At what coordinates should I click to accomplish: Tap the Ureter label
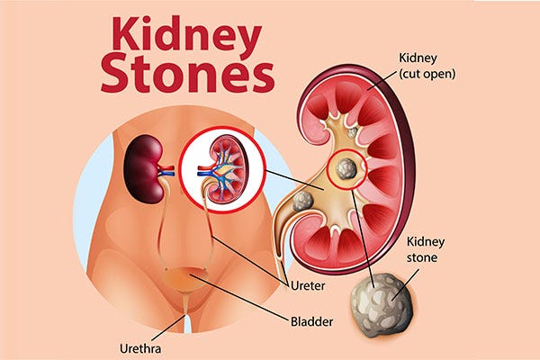[x=308, y=286]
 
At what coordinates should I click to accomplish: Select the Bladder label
[x=311, y=322]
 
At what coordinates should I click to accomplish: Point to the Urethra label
[x=140, y=348]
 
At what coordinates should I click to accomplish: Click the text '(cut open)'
[x=427, y=74]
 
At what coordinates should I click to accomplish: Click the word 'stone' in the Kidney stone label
[x=422, y=257]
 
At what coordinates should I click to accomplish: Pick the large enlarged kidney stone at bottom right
[x=382, y=305]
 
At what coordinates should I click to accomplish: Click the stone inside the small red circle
[x=346, y=168]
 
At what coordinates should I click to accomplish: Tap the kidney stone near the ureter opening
[x=302, y=202]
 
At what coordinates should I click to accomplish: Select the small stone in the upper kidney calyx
[x=352, y=132]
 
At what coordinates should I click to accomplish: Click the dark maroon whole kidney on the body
[x=144, y=168]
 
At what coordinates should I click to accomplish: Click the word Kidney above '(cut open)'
[x=418, y=58]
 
